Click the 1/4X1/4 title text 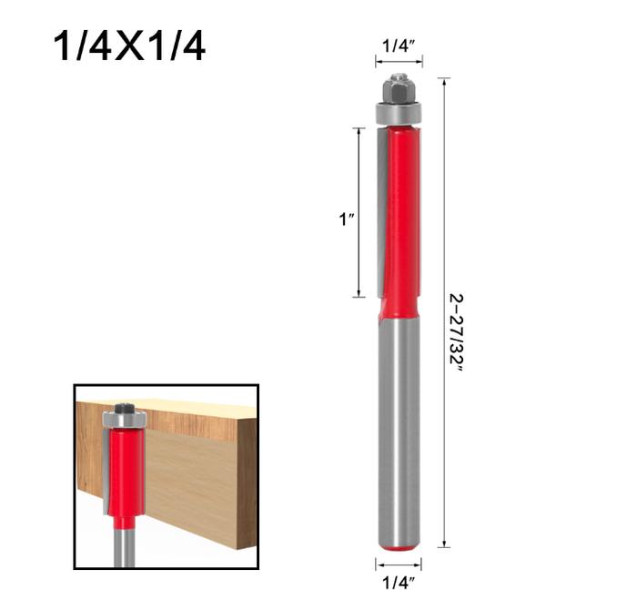pyautogui.click(x=129, y=46)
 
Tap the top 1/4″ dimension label pyautogui.click(x=399, y=46)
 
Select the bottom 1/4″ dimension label pyautogui.click(x=399, y=583)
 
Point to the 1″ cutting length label pyautogui.click(x=347, y=220)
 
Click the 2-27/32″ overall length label pyautogui.click(x=456, y=332)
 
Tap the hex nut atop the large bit pyautogui.click(x=399, y=89)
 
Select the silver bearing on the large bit pyautogui.click(x=399, y=114)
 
